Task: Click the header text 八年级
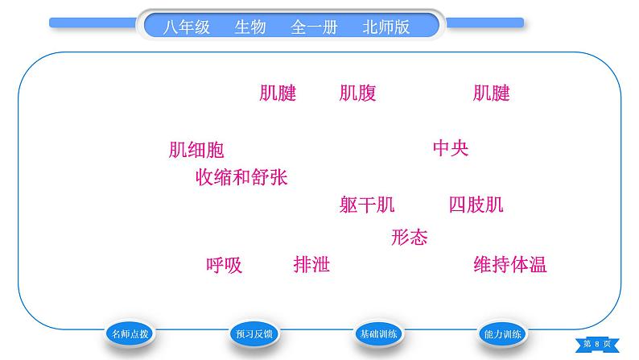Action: [186, 27]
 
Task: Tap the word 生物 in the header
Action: [249, 27]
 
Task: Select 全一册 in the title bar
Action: [314, 27]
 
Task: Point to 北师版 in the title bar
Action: [386, 27]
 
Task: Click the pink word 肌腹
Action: [357, 93]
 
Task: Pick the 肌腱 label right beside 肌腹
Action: [278, 93]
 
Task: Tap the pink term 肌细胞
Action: [196, 150]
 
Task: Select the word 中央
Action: [450, 148]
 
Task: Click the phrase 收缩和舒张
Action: [241, 177]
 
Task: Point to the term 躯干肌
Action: [367, 205]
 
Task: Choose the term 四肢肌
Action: [476, 205]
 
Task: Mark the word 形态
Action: [409, 237]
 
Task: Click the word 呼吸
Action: [224, 264]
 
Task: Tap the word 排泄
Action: [311, 264]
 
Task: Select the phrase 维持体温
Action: [510, 264]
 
